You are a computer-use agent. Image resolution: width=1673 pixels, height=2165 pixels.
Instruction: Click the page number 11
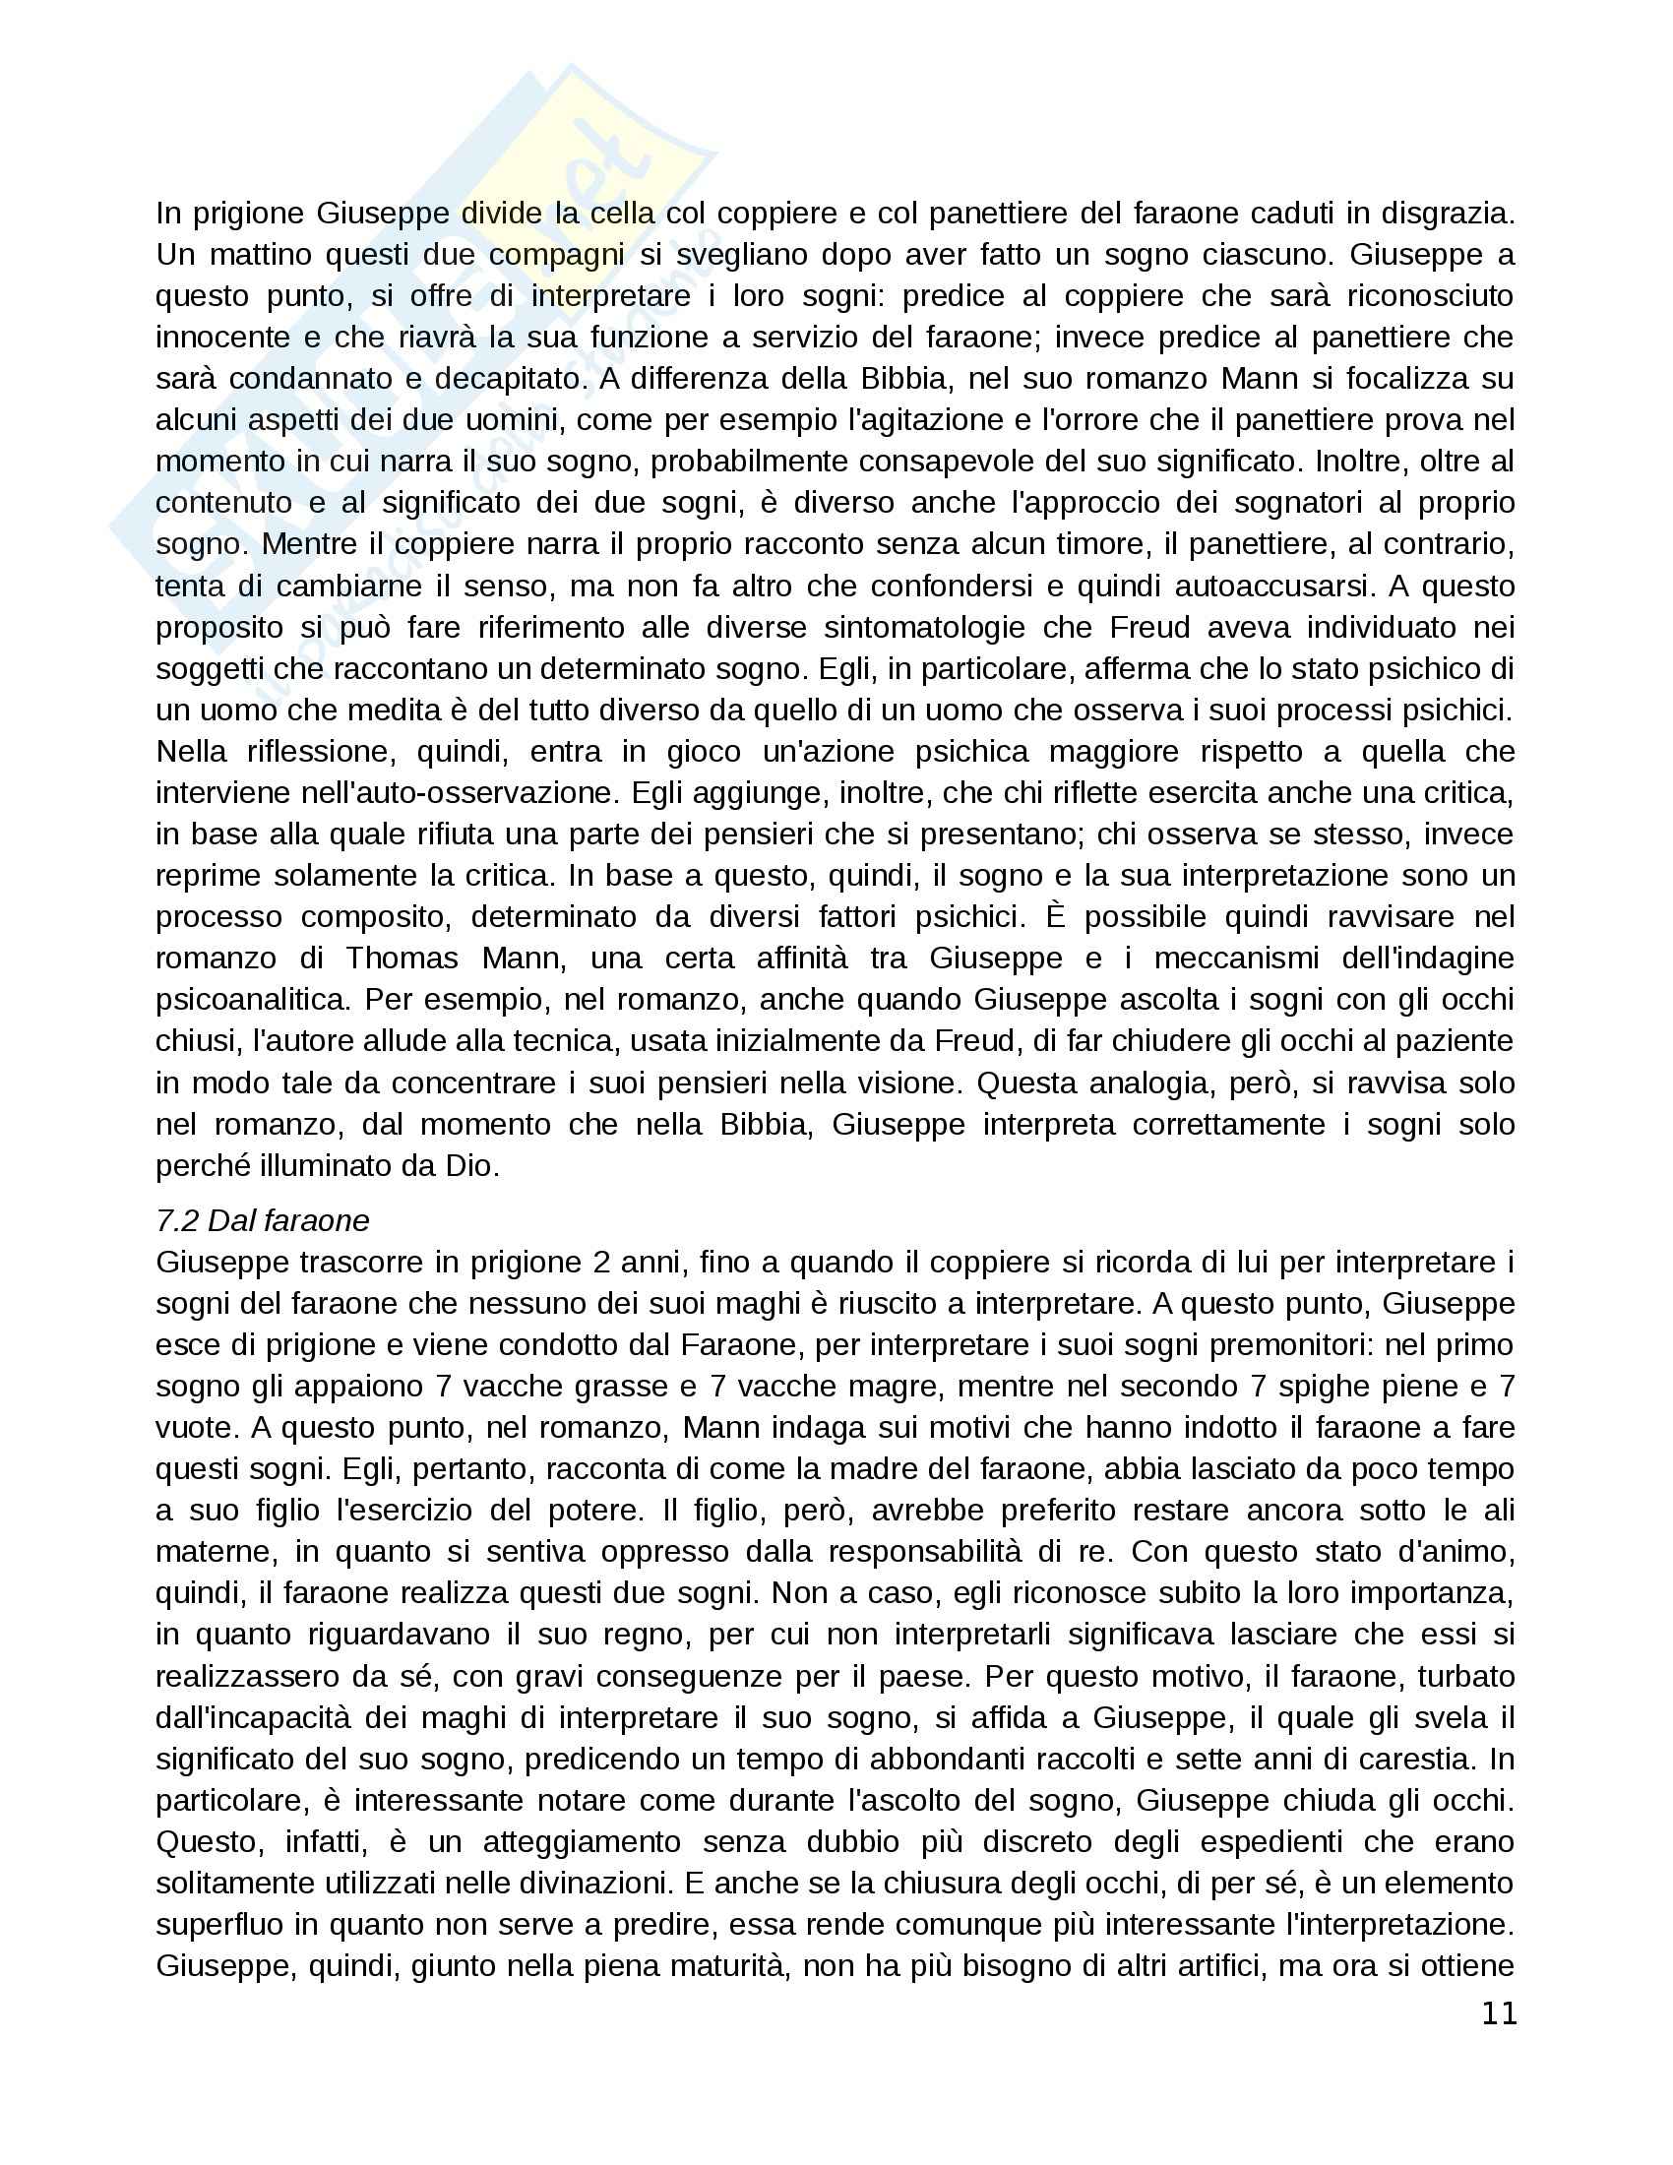(1499, 2013)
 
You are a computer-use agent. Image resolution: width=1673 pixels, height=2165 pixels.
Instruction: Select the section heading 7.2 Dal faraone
(262, 1220)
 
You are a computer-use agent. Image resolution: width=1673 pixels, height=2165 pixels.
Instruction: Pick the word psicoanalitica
(253, 999)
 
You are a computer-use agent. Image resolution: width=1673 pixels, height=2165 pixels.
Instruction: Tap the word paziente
(1456, 1041)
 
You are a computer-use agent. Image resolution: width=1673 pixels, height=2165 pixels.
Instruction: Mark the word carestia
(1423, 1759)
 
